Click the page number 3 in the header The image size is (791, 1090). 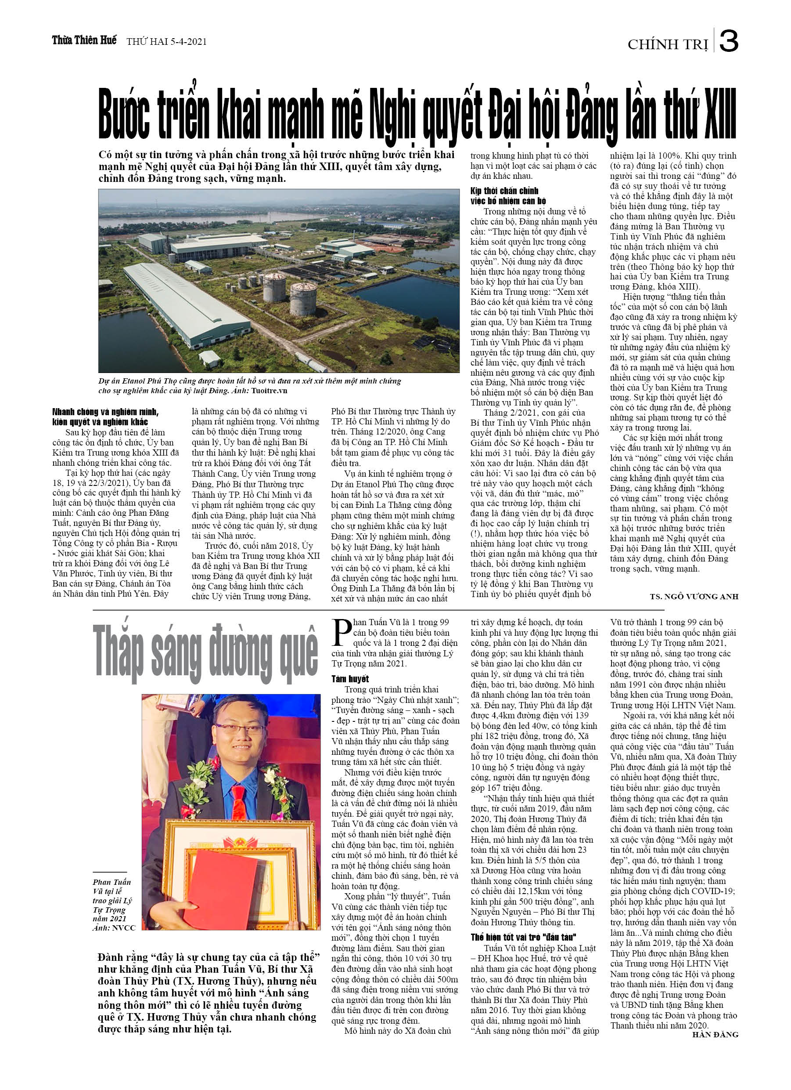728,41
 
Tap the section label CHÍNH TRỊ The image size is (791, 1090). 668,45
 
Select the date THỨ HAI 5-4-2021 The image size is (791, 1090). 166,42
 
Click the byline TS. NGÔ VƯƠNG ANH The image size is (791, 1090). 694,597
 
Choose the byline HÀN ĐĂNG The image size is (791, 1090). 715,1035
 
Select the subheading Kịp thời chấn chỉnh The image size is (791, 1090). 504,191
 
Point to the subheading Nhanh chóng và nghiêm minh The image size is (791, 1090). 105,412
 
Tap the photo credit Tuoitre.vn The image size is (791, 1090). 269,391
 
